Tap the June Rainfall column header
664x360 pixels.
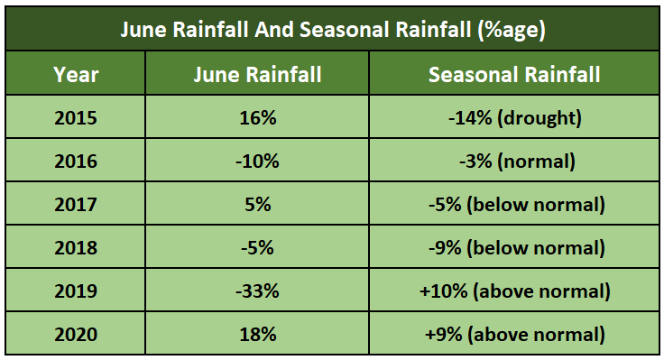257,75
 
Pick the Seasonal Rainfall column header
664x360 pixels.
514,75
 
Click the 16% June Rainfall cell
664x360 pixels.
257,118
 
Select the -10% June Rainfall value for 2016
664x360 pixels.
257,162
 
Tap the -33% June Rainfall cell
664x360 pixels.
257,291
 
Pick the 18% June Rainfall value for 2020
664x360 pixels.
257,335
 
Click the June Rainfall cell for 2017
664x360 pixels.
257,205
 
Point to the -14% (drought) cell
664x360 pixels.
514,118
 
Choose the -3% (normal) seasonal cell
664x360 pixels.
514,162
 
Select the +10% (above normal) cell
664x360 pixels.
514,291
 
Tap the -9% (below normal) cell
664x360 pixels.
514,248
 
